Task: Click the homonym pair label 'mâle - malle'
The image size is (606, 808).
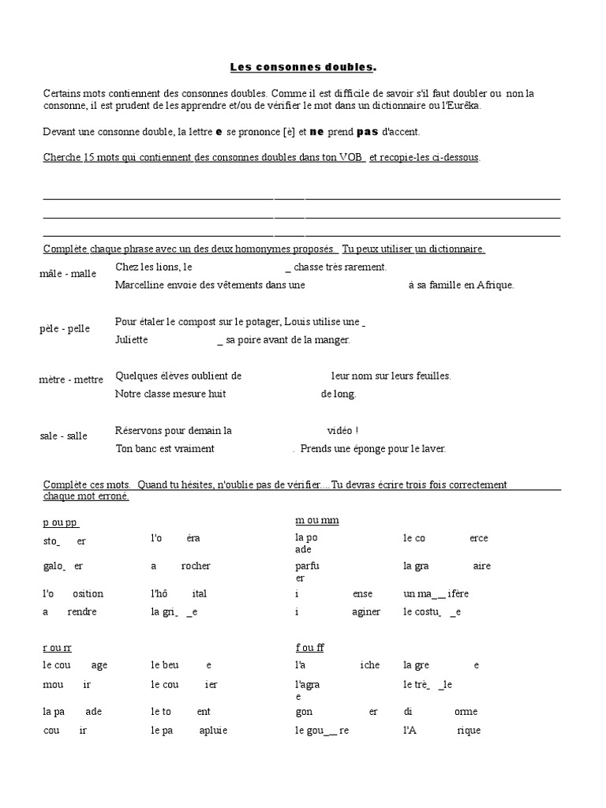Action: coord(67,274)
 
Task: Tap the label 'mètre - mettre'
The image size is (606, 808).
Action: coord(71,380)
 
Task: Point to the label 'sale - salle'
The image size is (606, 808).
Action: coord(63,436)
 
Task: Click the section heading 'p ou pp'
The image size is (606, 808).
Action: coord(60,522)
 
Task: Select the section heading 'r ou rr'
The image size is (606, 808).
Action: coord(57,648)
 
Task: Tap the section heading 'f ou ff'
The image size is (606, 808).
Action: coord(309,648)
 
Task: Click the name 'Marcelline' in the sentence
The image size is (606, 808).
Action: coord(139,285)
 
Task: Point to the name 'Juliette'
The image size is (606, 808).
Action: coord(131,339)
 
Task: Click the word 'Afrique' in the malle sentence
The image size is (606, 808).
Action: coord(495,285)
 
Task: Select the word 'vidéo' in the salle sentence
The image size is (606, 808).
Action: coord(340,431)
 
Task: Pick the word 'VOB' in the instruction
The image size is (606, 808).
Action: coord(352,157)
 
